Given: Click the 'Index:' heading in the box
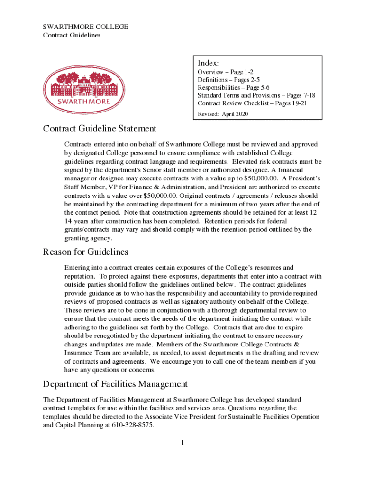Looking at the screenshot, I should point(209,63).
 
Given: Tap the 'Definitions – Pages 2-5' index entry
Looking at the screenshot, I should point(228,80).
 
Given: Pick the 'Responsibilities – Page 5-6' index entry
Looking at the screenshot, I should point(234,88).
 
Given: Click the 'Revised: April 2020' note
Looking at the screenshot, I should point(222,114).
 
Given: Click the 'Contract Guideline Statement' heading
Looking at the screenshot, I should point(100,129).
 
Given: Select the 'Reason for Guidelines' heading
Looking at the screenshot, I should point(85,252).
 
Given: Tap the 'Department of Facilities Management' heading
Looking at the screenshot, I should point(115,384).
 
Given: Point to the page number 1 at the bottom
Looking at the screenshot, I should point(182,443).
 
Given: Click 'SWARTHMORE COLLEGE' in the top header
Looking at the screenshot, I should point(85,27).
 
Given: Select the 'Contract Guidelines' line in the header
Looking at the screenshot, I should point(72,35).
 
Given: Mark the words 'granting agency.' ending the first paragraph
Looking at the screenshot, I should point(89,238).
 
